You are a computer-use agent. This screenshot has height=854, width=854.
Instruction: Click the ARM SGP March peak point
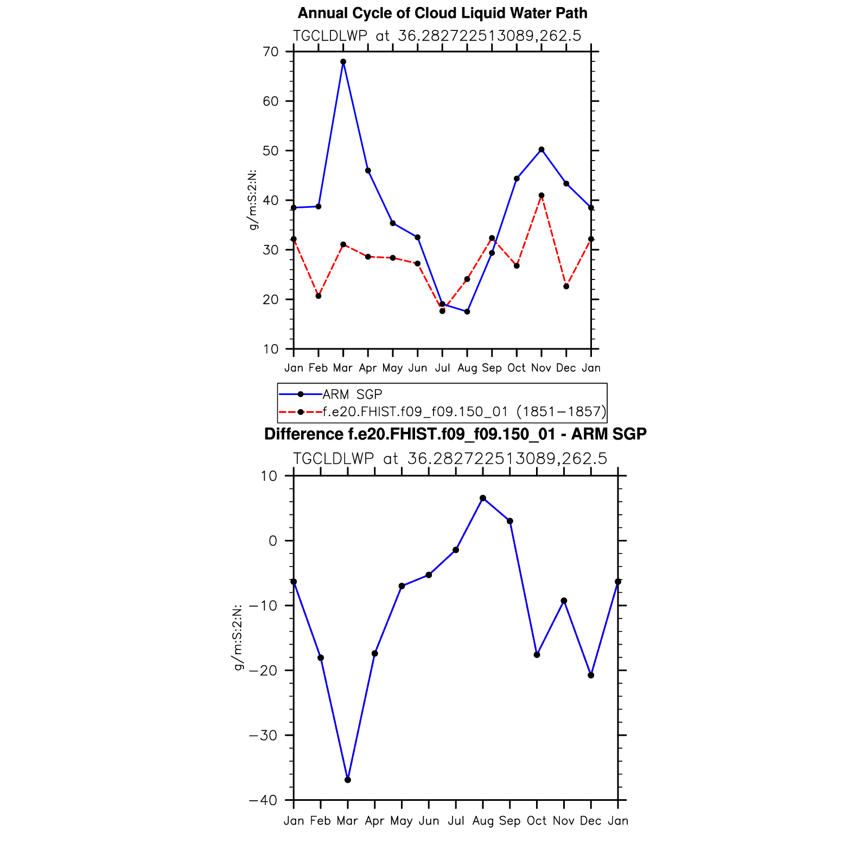click(x=343, y=62)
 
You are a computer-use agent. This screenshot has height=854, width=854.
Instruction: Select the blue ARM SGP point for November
click(x=541, y=150)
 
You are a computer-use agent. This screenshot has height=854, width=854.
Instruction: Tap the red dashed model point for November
click(x=541, y=195)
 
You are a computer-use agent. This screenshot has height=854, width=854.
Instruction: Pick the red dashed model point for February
click(x=318, y=296)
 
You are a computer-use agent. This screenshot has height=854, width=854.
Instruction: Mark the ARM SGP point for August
click(x=467, y=311)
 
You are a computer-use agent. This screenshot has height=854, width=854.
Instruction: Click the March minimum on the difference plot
click(x=348, y=780)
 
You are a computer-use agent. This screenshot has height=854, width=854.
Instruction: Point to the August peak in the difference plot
click(x=483, y=498)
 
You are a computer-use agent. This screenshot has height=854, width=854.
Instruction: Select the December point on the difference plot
click(x=591, y=675)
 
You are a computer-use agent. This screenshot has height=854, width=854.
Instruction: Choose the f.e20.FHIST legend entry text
click(x=464, y=412)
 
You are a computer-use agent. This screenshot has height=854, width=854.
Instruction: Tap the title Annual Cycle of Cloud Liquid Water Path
click(x=442, y=13)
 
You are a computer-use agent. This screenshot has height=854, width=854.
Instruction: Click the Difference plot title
click(x=455, y=434)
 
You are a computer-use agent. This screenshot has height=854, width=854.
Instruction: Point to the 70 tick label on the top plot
click(x=270, y=52)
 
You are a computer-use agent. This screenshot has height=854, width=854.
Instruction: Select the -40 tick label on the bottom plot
click(x=263, y=800)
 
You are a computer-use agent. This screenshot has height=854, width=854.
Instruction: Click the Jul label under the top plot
click(x=442, y=368)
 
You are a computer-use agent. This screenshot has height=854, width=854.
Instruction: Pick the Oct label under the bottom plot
click(x=537, y=821)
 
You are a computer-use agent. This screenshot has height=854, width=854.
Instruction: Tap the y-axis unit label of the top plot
click(x=252, y=200)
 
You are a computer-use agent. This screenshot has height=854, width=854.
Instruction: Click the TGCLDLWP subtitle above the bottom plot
click(x=450, y=459)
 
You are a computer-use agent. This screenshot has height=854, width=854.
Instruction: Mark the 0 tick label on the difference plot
click(x=272, y=541)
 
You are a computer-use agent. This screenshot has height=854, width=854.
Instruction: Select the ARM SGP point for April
click(x=368, y=171)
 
